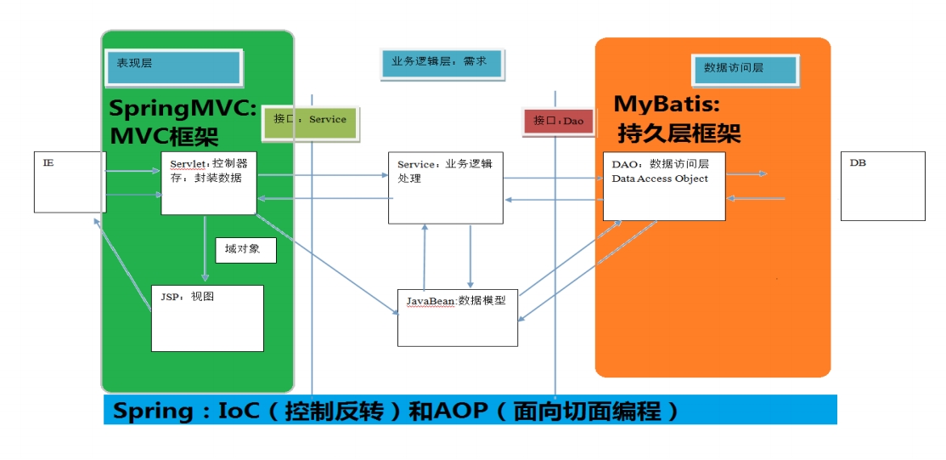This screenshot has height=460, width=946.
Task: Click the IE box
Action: (70, 182)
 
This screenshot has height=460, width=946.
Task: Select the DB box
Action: (882, 186)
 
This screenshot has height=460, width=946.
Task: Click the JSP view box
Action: (207, 318)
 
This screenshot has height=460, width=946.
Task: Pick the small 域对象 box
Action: (245, 250)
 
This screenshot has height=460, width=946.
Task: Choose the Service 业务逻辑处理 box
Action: (446, 188)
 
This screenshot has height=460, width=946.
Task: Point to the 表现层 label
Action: (173, 67)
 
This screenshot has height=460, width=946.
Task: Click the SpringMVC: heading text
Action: (183, 108)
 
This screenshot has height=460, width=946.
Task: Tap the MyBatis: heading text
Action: (667, 105)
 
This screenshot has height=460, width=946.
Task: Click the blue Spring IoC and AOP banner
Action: (470, 411)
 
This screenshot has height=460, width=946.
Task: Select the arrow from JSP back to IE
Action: (123, 264)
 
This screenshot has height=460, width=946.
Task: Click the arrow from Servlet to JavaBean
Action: (327, 264)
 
